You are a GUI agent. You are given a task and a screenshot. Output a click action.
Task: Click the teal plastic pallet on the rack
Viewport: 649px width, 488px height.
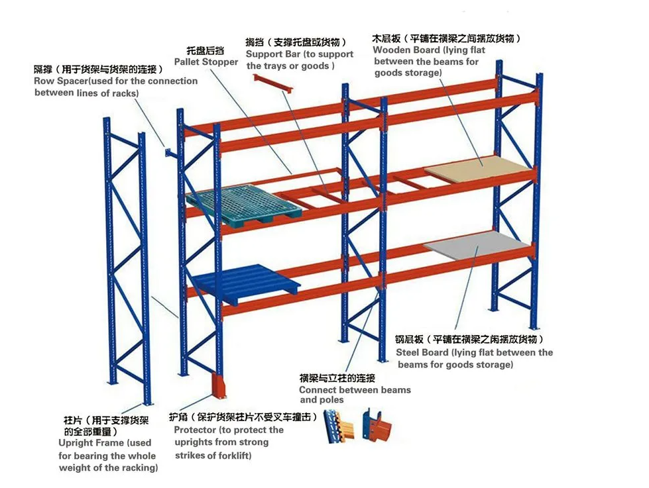(x=244, y=205)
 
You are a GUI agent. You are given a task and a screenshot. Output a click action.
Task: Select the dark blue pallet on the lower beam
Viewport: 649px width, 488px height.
(x=247, y=283)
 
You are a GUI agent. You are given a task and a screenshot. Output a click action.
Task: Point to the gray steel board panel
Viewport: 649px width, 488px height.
(x=476, y=245)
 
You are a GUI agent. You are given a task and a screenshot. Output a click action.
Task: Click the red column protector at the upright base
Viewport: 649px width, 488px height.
(x=218, y=385)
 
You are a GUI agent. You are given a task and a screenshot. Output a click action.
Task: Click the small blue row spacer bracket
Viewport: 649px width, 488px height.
(x=170, y=153)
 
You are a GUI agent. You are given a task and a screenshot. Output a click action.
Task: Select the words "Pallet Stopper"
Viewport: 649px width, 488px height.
(x=206, y=62)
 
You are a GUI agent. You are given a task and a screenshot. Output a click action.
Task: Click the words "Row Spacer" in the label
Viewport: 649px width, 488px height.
(x=61, y=81)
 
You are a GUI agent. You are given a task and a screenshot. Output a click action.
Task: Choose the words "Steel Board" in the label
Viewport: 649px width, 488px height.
(x=422, y=353)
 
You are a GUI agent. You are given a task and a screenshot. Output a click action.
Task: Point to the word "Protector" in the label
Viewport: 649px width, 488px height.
(x=195, y=430)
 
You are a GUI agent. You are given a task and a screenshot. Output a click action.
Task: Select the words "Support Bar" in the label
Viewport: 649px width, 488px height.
(x=273, y=54)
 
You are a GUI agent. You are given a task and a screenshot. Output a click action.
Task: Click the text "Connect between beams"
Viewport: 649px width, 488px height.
(x=355, y=390)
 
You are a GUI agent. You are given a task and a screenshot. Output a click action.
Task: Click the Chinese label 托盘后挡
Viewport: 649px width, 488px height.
(x=206, y=50)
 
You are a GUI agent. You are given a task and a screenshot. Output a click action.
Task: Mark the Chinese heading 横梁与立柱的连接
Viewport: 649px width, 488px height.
(x=337, y=378)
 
